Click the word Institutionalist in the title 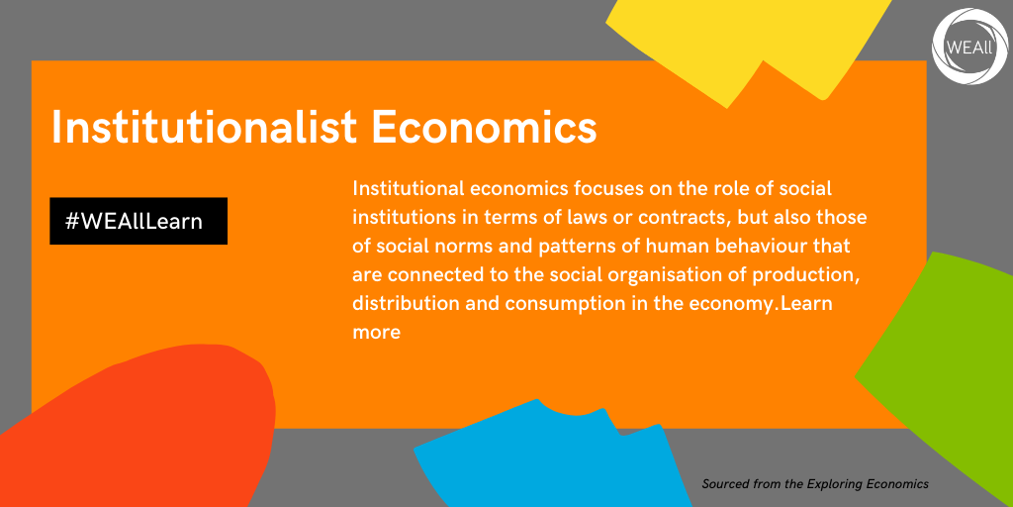(204, 127)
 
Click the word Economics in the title (484, 127)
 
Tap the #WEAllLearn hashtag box (138, 221)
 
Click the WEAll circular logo (970, 47)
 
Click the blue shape (549, 459)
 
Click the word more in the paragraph (377, 333)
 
